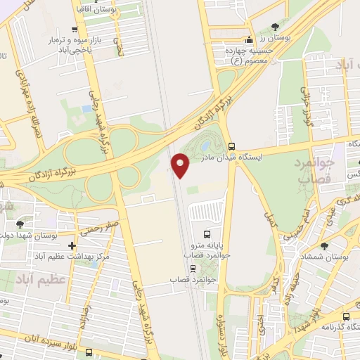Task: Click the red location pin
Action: tap(181, 165)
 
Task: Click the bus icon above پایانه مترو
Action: tap(207, 234)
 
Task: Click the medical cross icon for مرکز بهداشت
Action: tap(72, 245)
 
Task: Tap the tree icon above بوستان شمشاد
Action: tap(324, 246)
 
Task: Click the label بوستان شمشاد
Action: tap(324, 260)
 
